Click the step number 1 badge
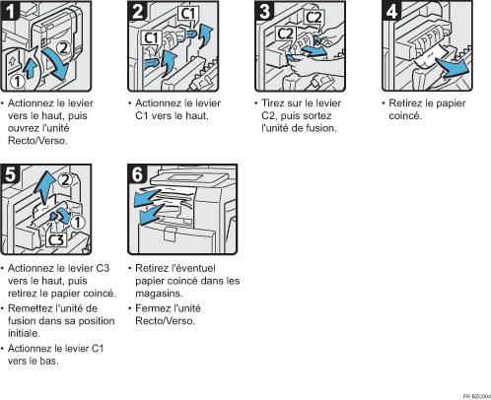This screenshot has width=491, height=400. click(x=10, y=10)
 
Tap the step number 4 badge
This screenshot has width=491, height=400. click(x=391, y=10)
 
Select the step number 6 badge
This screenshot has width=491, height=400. click(x=137, y=174)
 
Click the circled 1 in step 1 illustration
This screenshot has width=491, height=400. click(x=18, y=81)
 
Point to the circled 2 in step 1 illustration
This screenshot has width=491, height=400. click(x=63, y=48)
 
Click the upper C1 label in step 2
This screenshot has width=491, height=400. click(x=188, y=14)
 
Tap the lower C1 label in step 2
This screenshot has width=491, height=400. click(x=152, y=38)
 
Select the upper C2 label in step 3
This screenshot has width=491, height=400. click(x=314, y=17)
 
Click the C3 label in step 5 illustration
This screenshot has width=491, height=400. click(x=56, y=239)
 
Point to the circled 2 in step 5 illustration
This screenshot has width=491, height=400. click(x=65, y=180)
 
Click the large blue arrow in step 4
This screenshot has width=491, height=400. click(x=453, y=68)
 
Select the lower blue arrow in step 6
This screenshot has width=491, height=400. click(x=151, y=214)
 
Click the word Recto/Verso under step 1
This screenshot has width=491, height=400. click(x=37, y=141)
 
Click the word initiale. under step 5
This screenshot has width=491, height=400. click(x=24, y=333)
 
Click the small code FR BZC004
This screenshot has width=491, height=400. click(x=477, y=396)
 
